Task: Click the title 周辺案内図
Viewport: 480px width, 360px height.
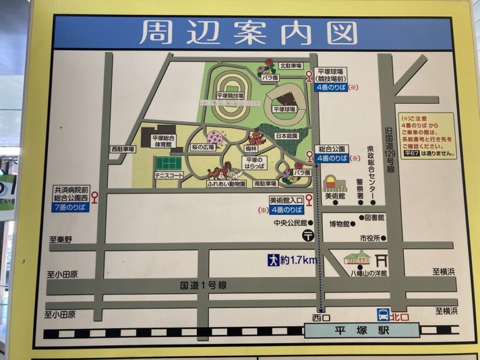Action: (248, 33)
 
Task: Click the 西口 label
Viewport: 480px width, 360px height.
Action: (321, 317)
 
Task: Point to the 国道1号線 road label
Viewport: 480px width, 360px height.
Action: (203, 285)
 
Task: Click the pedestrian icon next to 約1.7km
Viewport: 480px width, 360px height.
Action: (273, 260)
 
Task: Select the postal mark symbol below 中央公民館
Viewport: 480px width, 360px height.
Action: (309, 235)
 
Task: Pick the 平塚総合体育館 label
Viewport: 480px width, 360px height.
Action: (164, 142)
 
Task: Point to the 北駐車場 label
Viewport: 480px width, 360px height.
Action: (291, 66)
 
